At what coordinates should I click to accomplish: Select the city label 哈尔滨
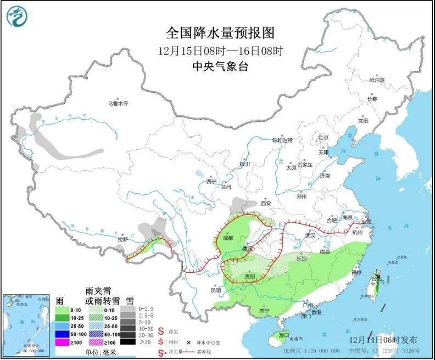[377, 80]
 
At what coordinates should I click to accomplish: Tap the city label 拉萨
[122, 239]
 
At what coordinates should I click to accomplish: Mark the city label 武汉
[311, 235]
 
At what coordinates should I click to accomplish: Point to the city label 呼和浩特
[283, 140]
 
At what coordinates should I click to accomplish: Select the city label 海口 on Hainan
[283, 335]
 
